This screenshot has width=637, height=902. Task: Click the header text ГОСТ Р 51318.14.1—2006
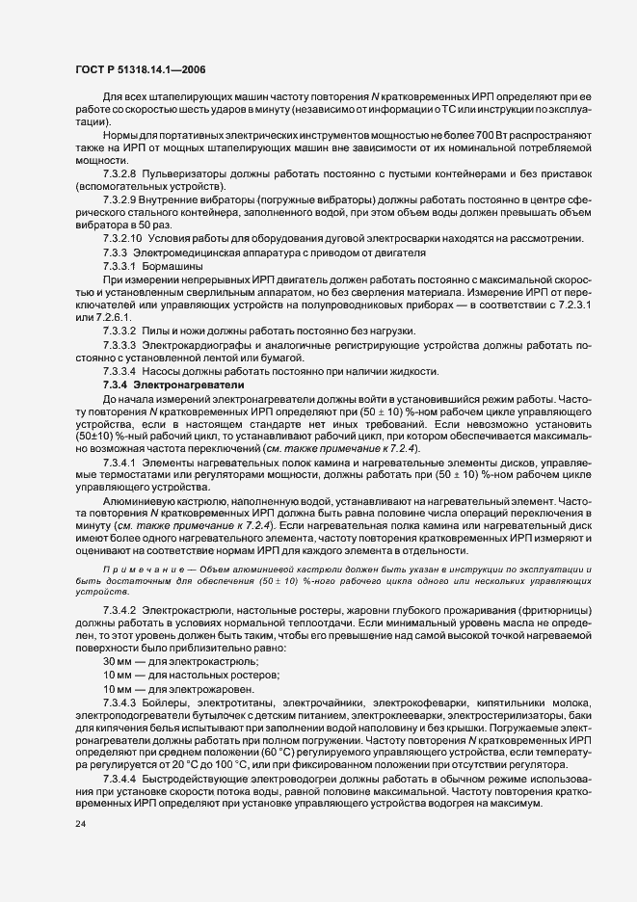coord(137,68)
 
